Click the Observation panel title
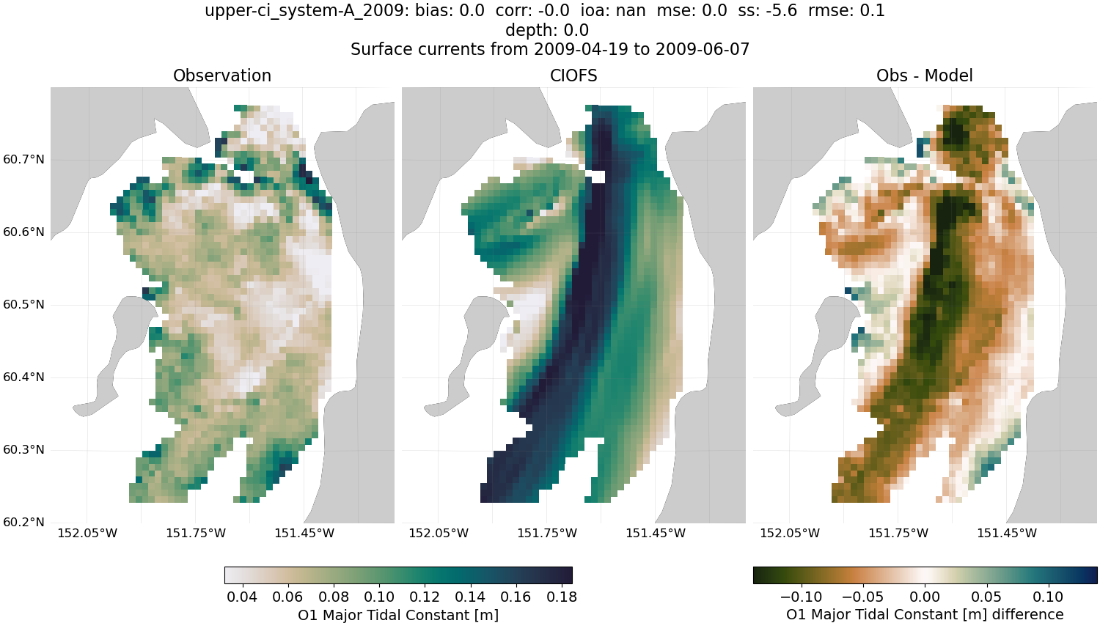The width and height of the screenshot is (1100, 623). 221,75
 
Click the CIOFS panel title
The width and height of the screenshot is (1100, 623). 573,75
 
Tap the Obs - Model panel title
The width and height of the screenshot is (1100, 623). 924,75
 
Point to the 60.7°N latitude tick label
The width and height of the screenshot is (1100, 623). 24,160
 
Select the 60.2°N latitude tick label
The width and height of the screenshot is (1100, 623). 24,523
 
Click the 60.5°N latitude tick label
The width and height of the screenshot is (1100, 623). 24,305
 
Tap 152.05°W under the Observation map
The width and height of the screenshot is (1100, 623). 87,533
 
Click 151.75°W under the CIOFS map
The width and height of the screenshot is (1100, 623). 547,533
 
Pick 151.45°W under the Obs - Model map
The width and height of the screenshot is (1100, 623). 1007,533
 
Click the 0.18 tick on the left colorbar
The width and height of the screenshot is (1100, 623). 561,597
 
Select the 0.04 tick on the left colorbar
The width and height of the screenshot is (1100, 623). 242,597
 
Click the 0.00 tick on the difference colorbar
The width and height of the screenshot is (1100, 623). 925,597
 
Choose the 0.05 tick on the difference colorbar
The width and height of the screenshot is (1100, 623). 986,597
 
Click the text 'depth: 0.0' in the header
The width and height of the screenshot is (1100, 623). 546,31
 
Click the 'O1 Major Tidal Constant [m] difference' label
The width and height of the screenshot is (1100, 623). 925,614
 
